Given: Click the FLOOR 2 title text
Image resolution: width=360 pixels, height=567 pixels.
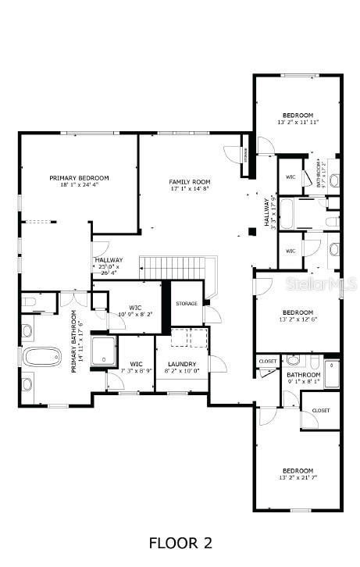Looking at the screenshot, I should (x=180, y=542).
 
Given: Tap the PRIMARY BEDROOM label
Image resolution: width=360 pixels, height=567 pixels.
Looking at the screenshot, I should (x=79, y=178).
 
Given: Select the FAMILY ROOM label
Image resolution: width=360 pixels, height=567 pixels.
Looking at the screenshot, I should (x=190, y=182).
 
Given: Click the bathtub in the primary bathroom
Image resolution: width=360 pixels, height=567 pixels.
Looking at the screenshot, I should (x=36, y=357).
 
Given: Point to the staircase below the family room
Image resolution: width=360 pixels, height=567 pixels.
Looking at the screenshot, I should (x=171, y=267).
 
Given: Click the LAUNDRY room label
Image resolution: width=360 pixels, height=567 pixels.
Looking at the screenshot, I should (x=182, y=364).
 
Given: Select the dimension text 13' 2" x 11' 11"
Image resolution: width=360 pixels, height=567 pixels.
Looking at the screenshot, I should (x=298, y=122).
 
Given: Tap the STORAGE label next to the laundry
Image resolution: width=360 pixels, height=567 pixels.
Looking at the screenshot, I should (x=187, y=303).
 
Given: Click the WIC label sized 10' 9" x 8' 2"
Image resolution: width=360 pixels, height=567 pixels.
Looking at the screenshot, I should (x=135, y=310).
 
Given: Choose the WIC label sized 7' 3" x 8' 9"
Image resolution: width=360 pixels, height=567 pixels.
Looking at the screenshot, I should (x=136, y=367).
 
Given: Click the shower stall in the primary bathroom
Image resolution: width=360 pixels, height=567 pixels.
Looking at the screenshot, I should (x=103, y=351).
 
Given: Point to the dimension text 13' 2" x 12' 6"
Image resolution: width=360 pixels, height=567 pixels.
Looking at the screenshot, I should (x=298, y=319).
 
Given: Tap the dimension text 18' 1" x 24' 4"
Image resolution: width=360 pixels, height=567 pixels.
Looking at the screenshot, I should (x=79, y=185).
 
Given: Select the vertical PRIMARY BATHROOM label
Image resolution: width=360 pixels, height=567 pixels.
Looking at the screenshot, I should (x=77, y=341).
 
